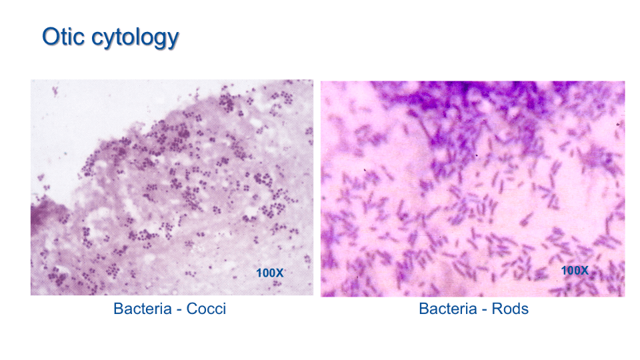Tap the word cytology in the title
click(135, 39)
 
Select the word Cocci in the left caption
click(206, 309)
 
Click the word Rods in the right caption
click(510, 309)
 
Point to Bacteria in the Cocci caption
click(143, 309)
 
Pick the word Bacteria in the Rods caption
click(448, 309)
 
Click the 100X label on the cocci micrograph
click(269, 273)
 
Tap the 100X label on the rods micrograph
click(575, 270)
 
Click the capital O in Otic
click(51, 37)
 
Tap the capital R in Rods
click(497, 309)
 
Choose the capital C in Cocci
click(192, 309)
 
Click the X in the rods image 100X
click(584, 270)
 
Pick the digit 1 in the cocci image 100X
click(259, 273)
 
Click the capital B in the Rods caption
click(424, 309)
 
